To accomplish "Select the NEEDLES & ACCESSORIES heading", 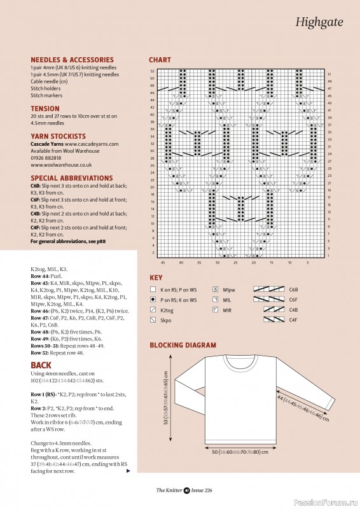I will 72,60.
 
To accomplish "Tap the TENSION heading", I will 45,109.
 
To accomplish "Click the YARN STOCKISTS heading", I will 58,136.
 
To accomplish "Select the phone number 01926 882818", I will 46,157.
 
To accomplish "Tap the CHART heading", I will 160,60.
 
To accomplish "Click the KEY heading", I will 156,278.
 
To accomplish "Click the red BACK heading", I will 41,365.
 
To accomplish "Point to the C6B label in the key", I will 294,289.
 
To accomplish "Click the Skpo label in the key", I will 167,320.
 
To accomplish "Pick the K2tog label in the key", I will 169,310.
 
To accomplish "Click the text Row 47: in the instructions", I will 41,316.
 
